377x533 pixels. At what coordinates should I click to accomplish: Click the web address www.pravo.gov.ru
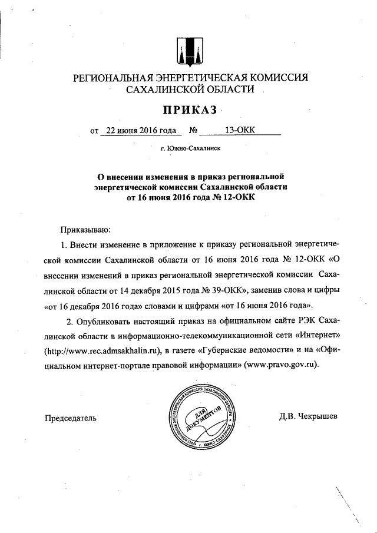click(279, 366)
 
